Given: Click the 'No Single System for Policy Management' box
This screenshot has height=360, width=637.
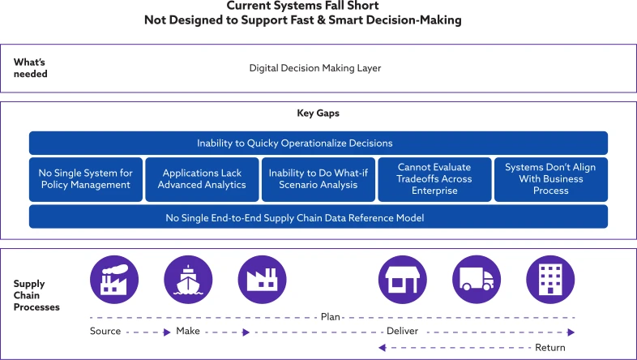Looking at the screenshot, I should [x=86, y=179].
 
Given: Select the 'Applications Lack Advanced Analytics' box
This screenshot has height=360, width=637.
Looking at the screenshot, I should [x=202, y=179].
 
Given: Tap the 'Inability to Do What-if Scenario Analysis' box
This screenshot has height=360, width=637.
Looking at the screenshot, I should [x=318, y=179].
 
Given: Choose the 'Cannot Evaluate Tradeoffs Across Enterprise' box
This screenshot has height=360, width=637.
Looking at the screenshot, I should [x=434, y=179].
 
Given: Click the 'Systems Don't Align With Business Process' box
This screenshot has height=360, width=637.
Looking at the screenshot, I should [x=551, y=179].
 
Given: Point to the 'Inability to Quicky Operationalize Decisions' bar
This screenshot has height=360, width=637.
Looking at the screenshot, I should [x=318, y=144].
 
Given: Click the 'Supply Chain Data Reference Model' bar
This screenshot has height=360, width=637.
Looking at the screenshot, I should [x=318, y=217].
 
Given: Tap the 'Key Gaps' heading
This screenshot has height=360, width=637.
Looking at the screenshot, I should [x=318, y=114].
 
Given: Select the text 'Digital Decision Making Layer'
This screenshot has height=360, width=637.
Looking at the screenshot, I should [x=315, y=68].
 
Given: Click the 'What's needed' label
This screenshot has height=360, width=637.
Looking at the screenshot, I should [x=31, y=68].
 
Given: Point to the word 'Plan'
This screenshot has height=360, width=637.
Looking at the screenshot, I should [x=331, y=317].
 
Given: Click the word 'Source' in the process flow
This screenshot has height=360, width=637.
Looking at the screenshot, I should [x=105, y=332].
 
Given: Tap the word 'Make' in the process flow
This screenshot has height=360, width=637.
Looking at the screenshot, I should [x=188, y=332].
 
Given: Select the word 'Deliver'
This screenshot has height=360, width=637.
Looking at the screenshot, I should [x=402, y=332].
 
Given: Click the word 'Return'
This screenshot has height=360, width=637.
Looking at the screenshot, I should [x=550, y=348].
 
